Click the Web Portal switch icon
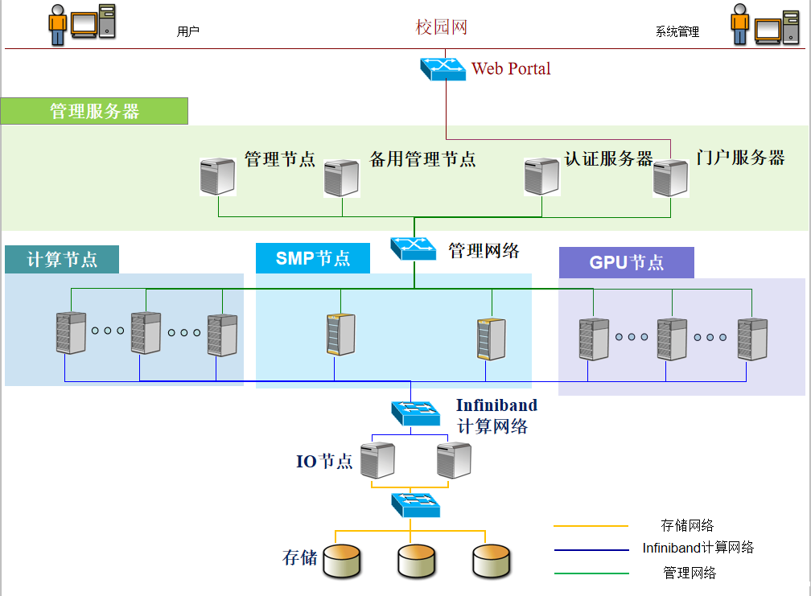point(443,68)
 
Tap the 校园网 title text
point(441,27)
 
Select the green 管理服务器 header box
point(94,111)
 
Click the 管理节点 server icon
point(217,176)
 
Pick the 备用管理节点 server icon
point(341,178)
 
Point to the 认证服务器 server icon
point(541,176)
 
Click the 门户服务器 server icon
point(670,178)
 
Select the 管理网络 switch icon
point(414,248)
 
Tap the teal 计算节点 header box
point(62,259)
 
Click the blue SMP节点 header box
point(313,258)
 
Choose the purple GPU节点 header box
point(626,262)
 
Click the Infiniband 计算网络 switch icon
point(415,413)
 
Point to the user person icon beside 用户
point(57,25)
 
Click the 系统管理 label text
point(677,32)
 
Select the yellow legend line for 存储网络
point(591,526)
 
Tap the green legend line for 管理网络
point(591,573)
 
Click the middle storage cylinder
point(416,561)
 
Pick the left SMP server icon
point(340,335)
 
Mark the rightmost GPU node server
point(752,339)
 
